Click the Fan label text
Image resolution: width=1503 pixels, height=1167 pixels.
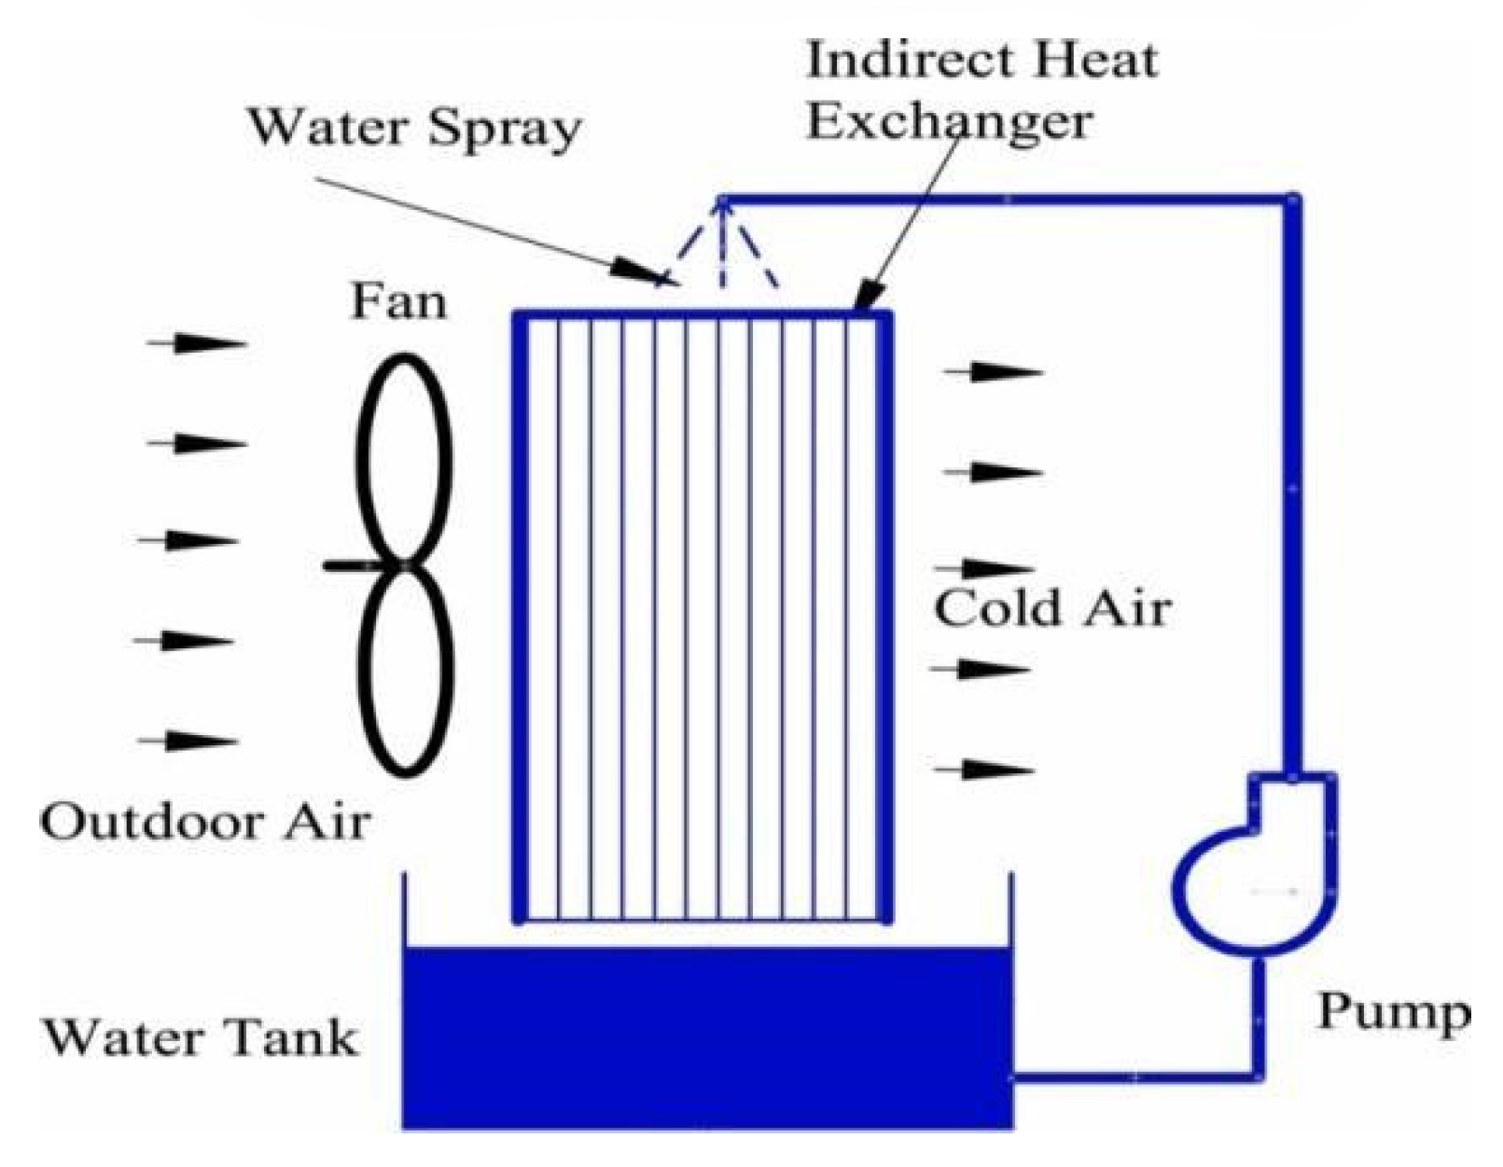[398, 302]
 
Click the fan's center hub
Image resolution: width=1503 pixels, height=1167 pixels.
[404, 564]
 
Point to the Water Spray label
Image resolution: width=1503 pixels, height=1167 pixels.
[413, 127]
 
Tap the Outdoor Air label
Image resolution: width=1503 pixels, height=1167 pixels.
[205, 823]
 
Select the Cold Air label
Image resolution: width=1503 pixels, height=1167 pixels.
[1052, 609]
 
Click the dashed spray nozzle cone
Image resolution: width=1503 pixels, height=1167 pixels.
[719, 247]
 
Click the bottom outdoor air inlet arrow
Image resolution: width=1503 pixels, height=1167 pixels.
[188, 742]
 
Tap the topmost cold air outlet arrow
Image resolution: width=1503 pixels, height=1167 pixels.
[993, 372]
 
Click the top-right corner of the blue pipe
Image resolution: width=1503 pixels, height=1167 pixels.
[1292, 200]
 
